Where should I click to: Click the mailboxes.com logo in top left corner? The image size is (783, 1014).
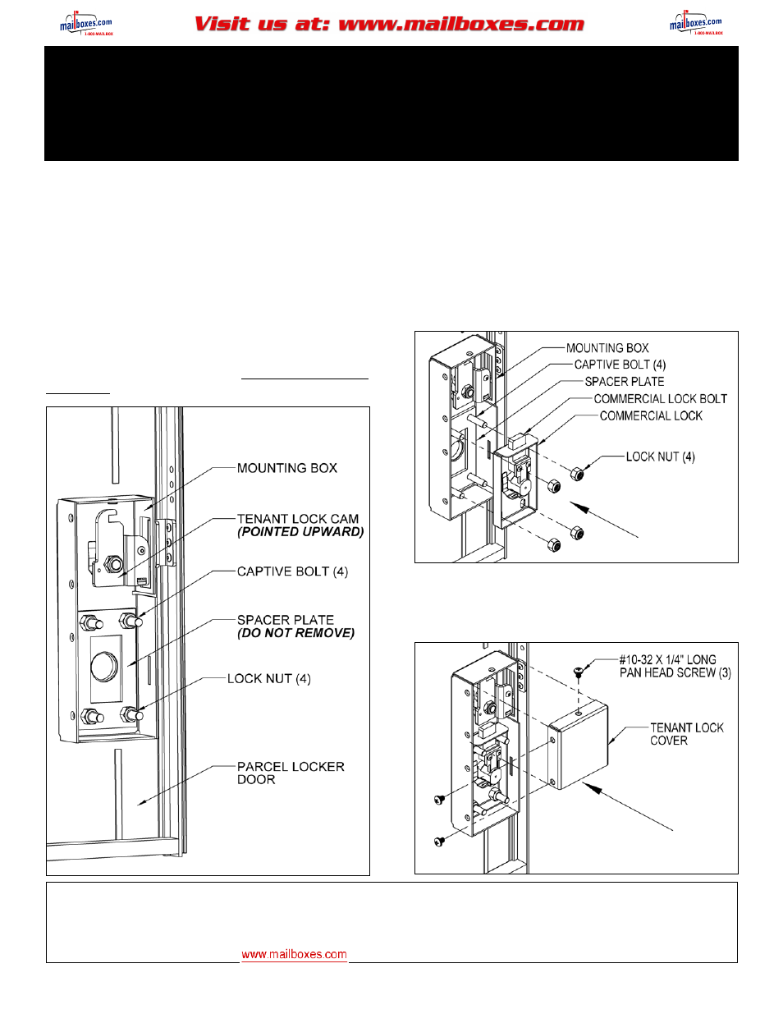click(x=85, y=24)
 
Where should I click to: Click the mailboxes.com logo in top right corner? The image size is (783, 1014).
click(x=696, y=24)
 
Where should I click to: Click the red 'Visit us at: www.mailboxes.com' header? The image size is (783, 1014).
click(x=389, y=24)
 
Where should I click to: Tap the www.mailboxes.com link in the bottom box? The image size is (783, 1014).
click(x=294, y=954)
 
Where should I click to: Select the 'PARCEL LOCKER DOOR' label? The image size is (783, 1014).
click(x=290, y=773)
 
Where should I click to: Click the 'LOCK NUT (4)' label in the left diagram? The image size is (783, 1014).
click(x=268, y=678)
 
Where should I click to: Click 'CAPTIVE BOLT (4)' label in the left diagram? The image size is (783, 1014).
click(x=292, y=571)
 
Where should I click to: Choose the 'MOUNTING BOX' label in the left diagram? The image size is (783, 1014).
click(x=286, y=468)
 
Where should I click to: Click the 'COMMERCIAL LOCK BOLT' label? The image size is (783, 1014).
click(x=660, y=398)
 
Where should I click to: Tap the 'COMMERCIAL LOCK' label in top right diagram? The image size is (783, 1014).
click(x=651, y=415)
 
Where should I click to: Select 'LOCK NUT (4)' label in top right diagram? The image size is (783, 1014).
click(x=660, y=457)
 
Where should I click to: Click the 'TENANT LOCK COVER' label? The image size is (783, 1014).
click(x=686, y=734)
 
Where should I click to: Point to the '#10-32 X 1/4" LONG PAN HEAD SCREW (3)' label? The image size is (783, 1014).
click(x=675, y=666)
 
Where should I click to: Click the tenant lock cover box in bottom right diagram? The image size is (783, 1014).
click(x=579, y=747)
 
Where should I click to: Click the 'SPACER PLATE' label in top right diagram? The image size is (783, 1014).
click(x=624, y=381)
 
